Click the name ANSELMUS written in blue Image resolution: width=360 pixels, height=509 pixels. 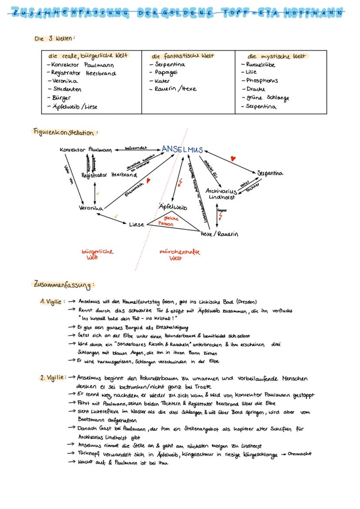coord(182,150)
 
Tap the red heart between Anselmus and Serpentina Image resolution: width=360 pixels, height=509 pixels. coord(233,159)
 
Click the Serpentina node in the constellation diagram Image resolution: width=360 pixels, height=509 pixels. coord(270,173)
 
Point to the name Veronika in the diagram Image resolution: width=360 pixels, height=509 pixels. coord(91,208)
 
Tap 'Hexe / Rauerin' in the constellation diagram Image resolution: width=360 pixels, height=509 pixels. coord(219,234)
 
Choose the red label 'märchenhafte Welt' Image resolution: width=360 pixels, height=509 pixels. coord(180,255)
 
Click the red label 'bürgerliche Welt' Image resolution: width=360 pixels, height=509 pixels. coord(97,254)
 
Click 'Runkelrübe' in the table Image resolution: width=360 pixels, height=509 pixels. coord(260,65)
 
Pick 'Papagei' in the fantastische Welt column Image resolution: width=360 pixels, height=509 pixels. coord(166,73)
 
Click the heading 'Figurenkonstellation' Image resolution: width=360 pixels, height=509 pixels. coord(65,132)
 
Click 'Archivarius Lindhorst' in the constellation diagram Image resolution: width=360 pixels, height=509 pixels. coord(221,194)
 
